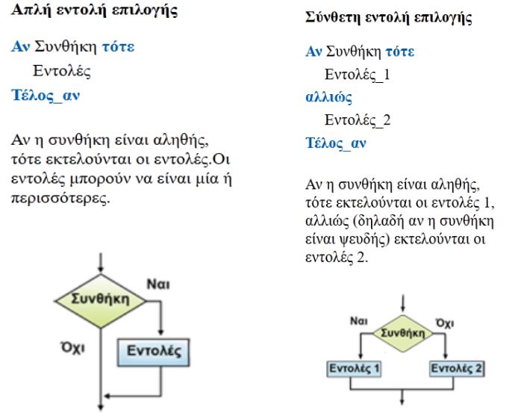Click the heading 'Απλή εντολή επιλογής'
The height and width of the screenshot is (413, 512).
click(x=94, y=10)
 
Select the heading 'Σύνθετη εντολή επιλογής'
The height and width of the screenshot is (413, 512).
click(x=389, y=17)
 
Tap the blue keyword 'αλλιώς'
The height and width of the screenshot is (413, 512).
click(x=329, y=97)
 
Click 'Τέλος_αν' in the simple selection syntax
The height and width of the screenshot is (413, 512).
click(x=46, y=96)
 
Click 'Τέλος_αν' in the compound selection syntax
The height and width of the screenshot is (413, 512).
click(x=336, y=143)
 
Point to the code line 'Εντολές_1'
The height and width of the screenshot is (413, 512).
click(x=358, y=75)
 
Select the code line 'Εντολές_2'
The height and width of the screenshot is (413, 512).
click(x=358, y=120)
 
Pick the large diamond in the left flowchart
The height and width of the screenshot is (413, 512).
click(x=101, y=300)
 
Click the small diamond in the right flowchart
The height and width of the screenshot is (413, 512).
click(x=402, y=333)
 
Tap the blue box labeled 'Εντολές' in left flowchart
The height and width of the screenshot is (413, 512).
click(x=154, y=353)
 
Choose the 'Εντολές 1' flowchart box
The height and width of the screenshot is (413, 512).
click(x=354, y=369)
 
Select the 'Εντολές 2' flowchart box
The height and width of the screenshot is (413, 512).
click(x=457, y=369)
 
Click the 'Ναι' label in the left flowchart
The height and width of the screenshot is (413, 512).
click(x=158, y=284)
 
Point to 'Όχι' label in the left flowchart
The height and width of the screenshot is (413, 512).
click(x=73, y=347)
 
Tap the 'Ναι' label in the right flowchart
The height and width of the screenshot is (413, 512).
click(x=359, y=321)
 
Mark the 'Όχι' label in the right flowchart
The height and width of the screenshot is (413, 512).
click(x=445, y=323)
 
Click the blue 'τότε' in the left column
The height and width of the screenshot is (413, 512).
click(x=118, y=47)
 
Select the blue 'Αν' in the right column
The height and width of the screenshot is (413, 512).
click(x=313, y=52)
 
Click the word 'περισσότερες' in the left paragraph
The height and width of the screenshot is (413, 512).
click(x=60, y=198)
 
